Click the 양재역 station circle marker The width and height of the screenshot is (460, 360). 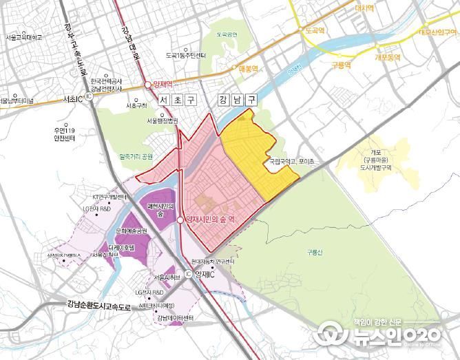point(147,85)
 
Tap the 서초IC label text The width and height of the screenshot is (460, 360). point(71,96)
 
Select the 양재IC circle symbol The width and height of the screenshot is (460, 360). point(189,273)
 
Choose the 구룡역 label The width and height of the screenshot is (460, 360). point(341,65)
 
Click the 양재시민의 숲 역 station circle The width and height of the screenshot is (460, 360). point(180,220)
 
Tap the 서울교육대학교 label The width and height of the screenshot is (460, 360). point(24,36)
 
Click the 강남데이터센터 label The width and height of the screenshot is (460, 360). point(176,318)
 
